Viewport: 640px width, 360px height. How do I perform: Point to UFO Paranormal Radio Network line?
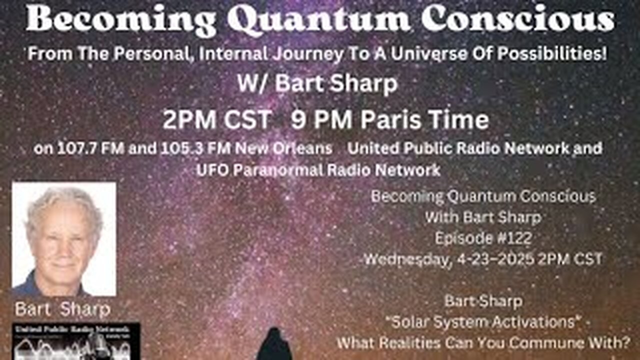tap(319, 170)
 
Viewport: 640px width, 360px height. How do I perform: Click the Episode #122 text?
tap(483, 238)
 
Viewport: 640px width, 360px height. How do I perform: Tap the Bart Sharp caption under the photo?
tap(62, 309)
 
